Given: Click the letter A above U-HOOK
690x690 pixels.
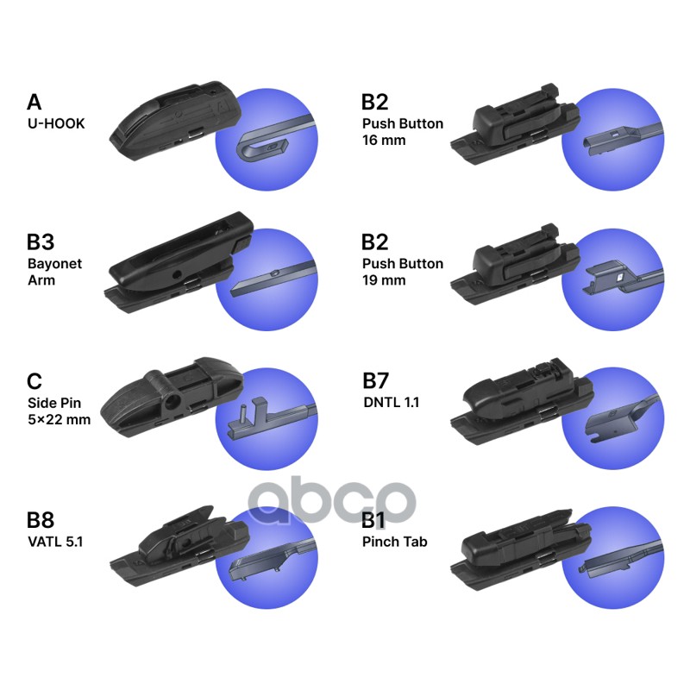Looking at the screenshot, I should [34, 103].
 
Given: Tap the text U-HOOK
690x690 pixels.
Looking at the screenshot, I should [56, 123].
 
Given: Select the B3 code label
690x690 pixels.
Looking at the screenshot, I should [41, 242].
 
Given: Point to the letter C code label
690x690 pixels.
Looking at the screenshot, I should [34, 382].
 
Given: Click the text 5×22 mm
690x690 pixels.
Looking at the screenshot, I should [59, 421].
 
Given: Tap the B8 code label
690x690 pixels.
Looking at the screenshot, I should [41, 520].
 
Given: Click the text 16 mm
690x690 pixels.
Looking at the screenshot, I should [384, 141].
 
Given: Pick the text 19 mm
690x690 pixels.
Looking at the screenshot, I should [384, 280].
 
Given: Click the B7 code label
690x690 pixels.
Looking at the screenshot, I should [377, 380].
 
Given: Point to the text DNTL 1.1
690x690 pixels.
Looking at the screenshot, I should [391, 402].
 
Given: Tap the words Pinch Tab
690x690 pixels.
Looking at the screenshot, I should [395, 542].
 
